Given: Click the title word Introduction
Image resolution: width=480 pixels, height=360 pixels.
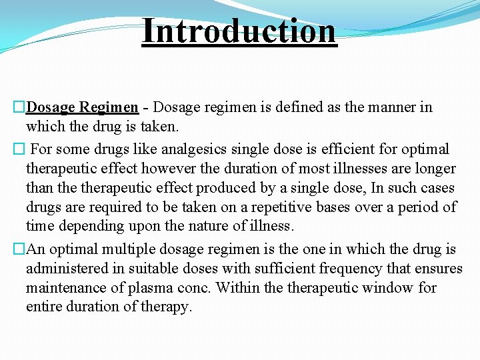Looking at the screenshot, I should (239, 31).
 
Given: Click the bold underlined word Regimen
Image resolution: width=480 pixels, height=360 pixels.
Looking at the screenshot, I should (109, 107).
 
